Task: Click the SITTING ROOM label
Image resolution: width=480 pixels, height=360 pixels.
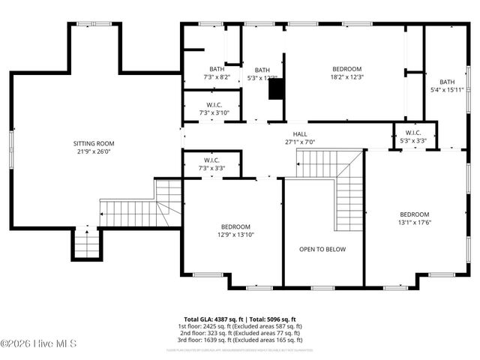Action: point(94,143)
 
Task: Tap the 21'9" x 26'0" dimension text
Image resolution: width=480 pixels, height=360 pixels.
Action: point(94,151)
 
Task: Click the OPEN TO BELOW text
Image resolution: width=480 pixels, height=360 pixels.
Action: point(322,250)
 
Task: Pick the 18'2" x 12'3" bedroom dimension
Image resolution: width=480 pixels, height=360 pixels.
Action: point(346,76)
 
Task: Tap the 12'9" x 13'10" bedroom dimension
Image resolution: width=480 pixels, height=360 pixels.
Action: point(235,235)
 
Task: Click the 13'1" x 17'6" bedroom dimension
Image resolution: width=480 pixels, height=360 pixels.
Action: point(414,222)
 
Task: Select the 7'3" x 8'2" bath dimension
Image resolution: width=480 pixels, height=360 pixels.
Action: point(217,77)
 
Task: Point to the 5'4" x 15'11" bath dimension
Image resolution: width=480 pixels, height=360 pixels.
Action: point(447,91)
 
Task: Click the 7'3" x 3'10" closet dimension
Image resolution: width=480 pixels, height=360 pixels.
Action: point(214,113)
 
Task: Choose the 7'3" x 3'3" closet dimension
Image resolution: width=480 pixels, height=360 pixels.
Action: point(211,168)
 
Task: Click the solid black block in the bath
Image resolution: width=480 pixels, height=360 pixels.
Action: point(277,88)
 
